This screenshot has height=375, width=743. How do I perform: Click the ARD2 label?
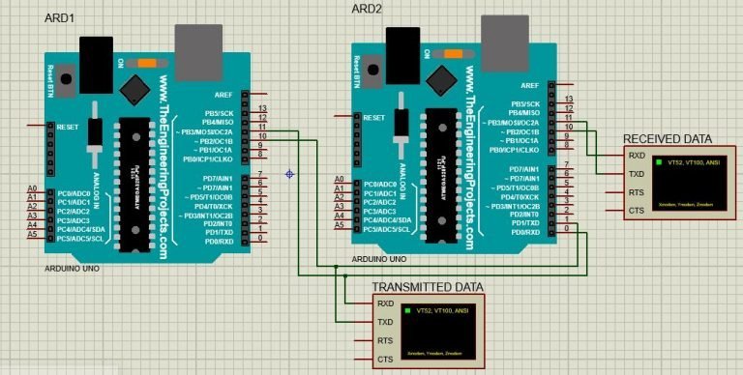(x=369, y=9)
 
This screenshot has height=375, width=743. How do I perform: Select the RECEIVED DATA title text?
(x=667, y=138)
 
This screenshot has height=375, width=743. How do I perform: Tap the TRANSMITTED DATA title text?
(x=428, y=287)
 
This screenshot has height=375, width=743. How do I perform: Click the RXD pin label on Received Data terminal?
(x=637, y=156)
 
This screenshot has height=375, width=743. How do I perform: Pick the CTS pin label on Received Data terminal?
(x=637, y=211)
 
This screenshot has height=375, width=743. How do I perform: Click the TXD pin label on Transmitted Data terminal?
(x=385, y=322)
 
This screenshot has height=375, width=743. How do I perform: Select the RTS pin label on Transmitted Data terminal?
(x=385, y=341)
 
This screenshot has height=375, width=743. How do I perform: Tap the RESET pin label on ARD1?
(x=68, y=127)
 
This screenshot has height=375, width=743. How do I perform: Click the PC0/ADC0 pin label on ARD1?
(x=74, y=191)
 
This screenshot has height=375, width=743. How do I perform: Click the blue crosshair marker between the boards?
(x=289, y=174)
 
